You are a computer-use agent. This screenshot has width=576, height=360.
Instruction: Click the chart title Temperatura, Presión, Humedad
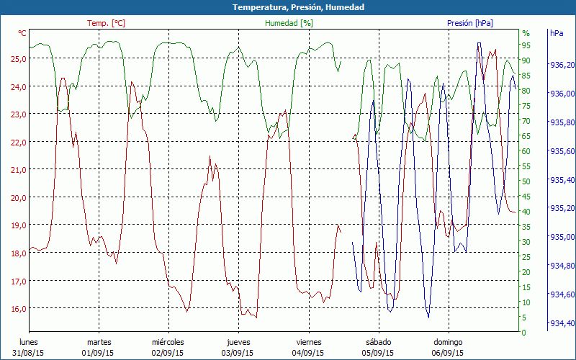[288, 7]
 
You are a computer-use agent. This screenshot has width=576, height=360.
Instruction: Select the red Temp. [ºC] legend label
[106, 23]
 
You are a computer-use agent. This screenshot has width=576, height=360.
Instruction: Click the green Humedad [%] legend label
[289, 23]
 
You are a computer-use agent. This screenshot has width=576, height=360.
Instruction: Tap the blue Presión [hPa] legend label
[470, 23]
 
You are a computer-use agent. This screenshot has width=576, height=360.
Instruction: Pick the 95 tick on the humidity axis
[526, 45]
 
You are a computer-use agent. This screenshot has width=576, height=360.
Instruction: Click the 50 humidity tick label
[526, 181]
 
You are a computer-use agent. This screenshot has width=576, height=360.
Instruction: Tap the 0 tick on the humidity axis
[524, 333]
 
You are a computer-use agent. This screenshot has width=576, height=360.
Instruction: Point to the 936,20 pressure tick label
[562, 65]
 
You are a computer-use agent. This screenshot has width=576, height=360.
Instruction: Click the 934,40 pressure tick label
[562, 323]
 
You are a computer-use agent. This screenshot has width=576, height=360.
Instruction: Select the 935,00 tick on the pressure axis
[562, 237]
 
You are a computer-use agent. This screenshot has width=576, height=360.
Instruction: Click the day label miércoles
[168, 342]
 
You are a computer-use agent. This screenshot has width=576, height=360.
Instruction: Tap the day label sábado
[378, 342]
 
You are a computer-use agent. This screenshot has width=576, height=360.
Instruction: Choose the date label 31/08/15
[28, 353]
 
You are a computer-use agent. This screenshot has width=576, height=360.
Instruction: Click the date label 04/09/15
[307, 353]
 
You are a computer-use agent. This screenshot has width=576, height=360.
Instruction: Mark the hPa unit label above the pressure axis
[557, 33]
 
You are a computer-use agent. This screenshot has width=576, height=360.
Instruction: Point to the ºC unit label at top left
[22, 33]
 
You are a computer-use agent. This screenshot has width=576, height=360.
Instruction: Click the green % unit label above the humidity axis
[526, 33]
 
